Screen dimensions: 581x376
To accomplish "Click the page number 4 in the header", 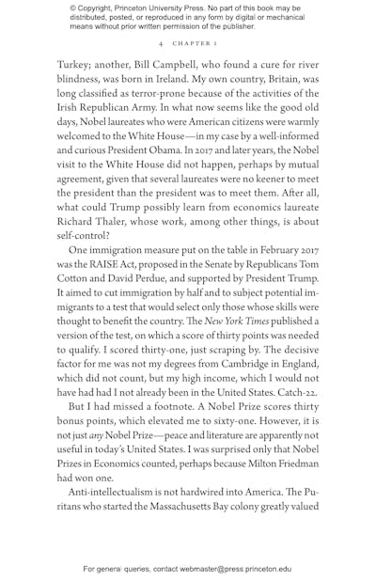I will (161, 43).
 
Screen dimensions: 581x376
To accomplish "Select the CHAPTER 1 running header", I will (195, 43).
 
